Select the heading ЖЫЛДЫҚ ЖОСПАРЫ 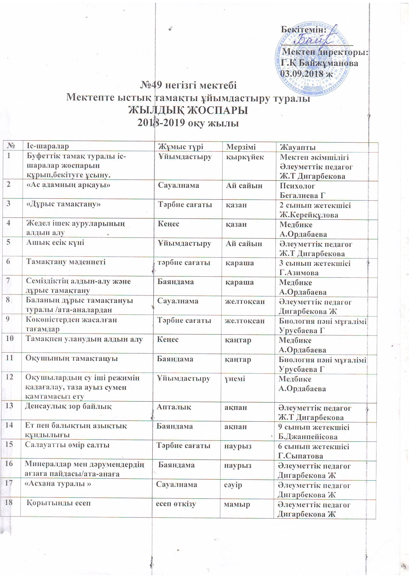(188, 110)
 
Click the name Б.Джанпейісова (308, 437)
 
